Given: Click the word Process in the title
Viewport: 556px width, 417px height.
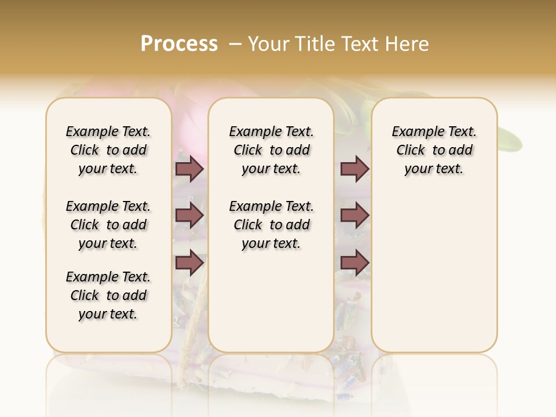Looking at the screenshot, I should coord(179,44).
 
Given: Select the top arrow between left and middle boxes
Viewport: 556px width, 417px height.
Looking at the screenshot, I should coord(189,169).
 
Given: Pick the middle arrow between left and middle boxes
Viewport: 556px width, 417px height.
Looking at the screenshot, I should coord(189,215).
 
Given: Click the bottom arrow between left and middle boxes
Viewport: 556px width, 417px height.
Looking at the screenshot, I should coord(189,262).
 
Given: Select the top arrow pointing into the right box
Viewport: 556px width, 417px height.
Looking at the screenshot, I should coord(354,169).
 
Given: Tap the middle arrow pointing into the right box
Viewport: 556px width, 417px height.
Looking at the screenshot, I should coord(354,215).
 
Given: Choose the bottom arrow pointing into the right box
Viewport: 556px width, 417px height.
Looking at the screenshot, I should coord(354,262).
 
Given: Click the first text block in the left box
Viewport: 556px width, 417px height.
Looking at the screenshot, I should coord(108,150).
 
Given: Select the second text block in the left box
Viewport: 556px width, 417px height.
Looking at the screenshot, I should coord(108,225).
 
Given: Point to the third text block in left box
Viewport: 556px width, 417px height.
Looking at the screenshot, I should coord(108,295).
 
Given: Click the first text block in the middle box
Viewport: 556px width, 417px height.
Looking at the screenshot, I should coord(271,150).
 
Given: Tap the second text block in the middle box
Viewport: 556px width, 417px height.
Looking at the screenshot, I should coord(271,225).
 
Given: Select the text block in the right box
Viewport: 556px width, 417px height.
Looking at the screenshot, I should coord(434,150).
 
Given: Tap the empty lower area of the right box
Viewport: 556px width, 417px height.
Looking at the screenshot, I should coord(434,278).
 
